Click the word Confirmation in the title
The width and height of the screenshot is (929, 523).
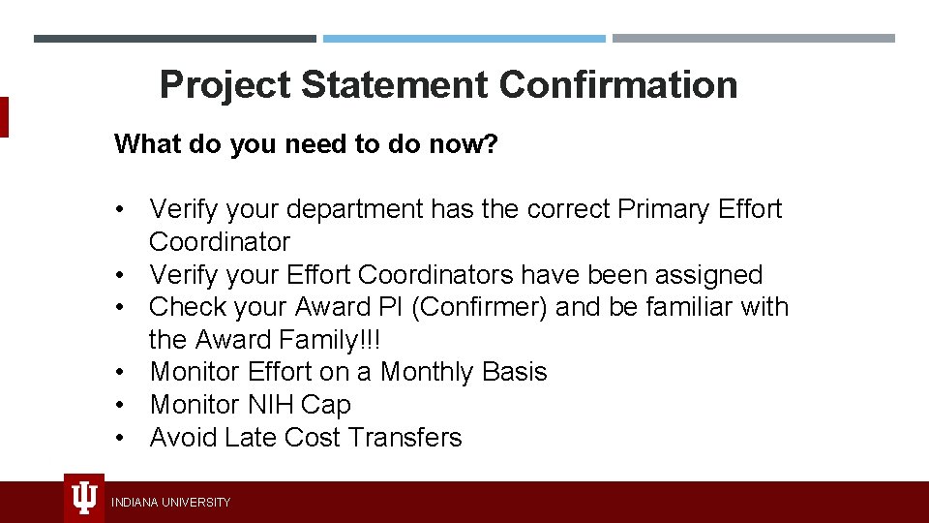click(618, 84)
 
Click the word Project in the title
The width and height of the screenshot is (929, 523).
click(225, 84)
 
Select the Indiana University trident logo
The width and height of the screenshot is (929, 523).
click(84, 499)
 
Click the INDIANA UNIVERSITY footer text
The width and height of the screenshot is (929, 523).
click(171, 503)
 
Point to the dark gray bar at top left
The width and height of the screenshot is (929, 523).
click(174, 39)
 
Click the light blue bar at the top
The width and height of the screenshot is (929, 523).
click(464, 39)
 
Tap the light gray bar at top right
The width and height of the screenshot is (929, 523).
click(754, 39)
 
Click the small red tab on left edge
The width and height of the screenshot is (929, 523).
click(4, 117)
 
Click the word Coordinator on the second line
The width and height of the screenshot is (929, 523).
click(220, 242)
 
